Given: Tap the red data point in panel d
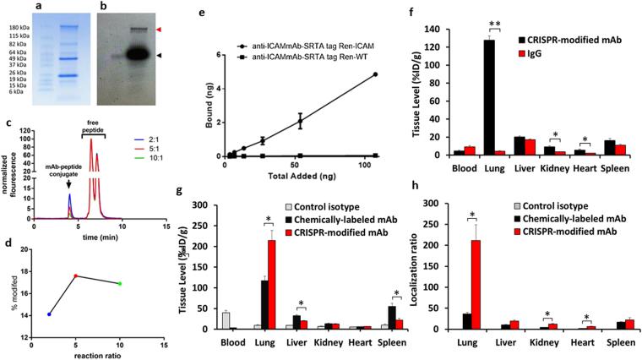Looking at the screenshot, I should pyautogui.click(x=76, y=275).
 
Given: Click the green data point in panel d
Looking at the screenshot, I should pyautogui.click(x=120, y=284).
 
